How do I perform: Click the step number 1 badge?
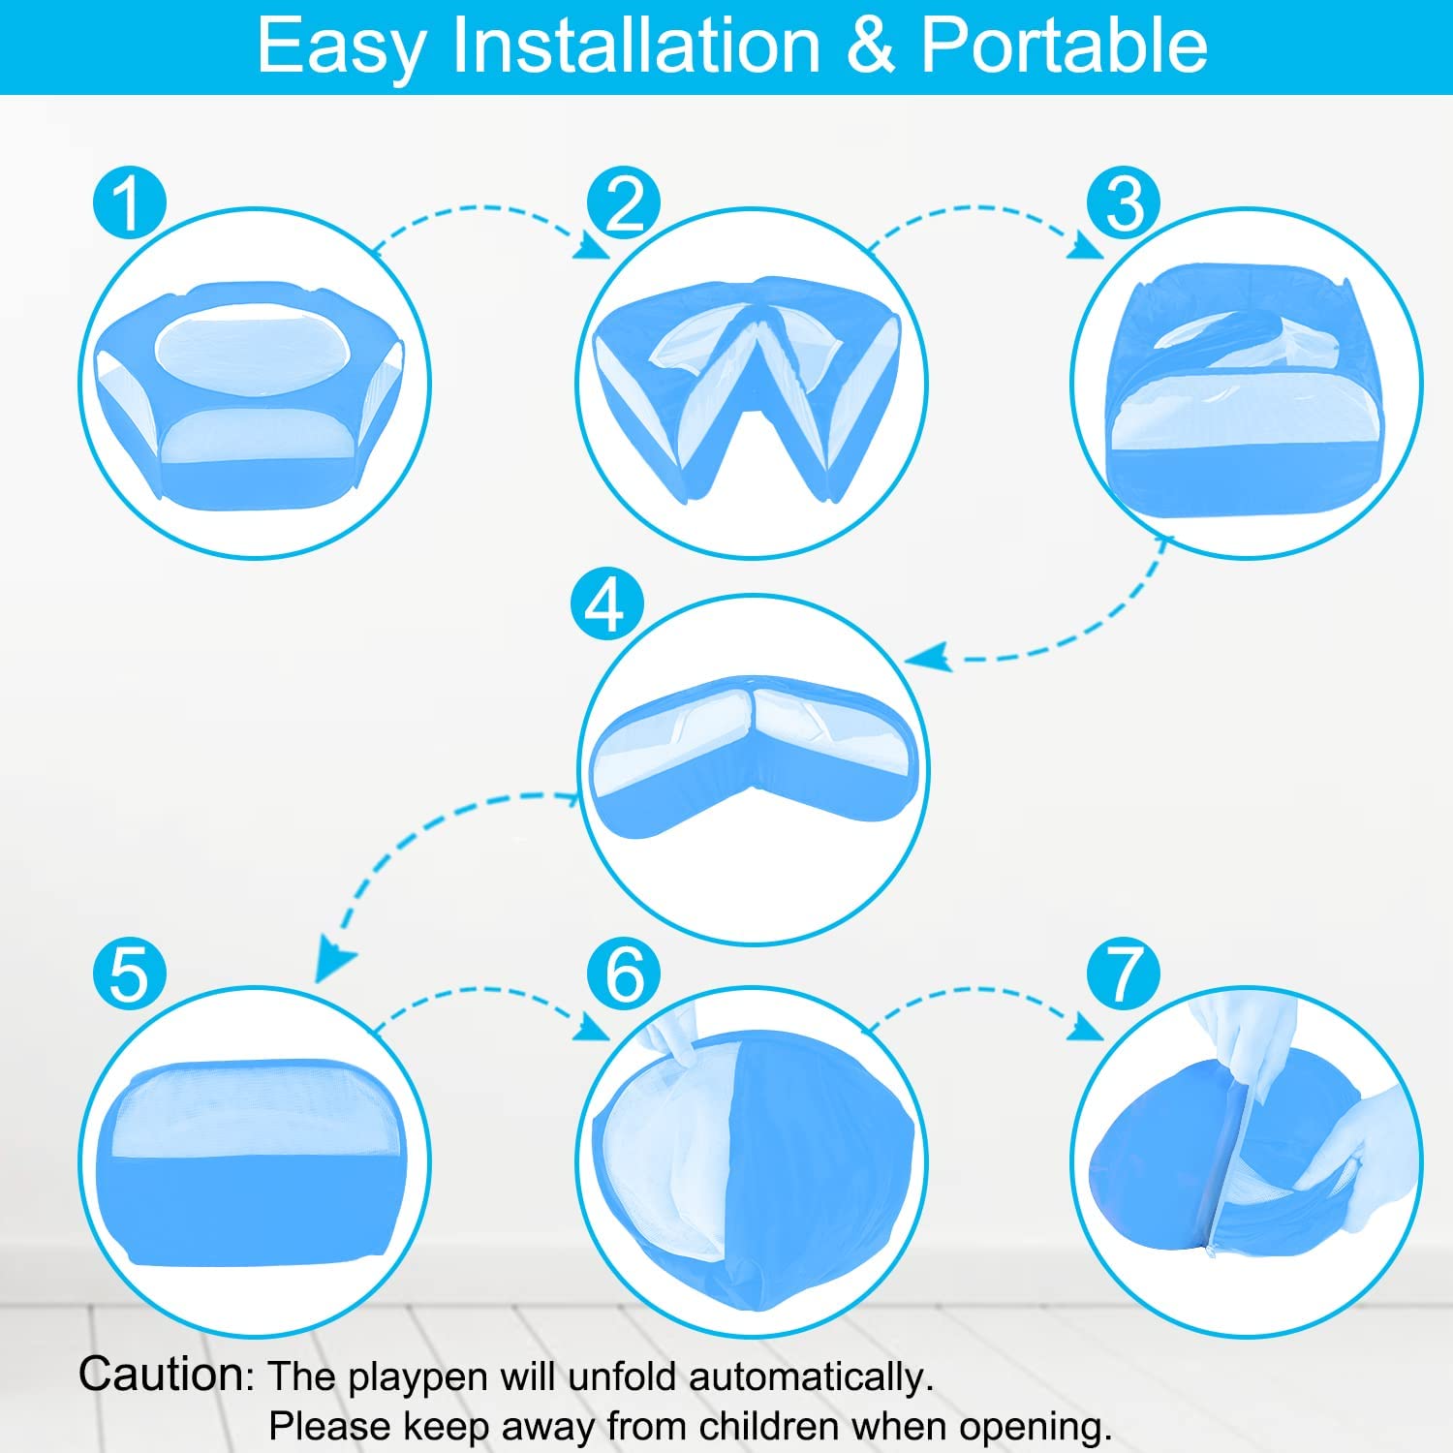pos(129,203)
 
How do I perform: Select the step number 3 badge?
pos(1124,203)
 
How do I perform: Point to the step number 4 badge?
pos(607,604)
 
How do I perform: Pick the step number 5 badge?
pos(129,974)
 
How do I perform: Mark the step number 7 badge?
pos(1124,974)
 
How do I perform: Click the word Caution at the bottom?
pos(163,1374)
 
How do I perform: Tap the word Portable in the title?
pos(1064,45)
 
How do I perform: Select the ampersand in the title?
pos(871,46)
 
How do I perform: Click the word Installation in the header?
pos(636,45)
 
